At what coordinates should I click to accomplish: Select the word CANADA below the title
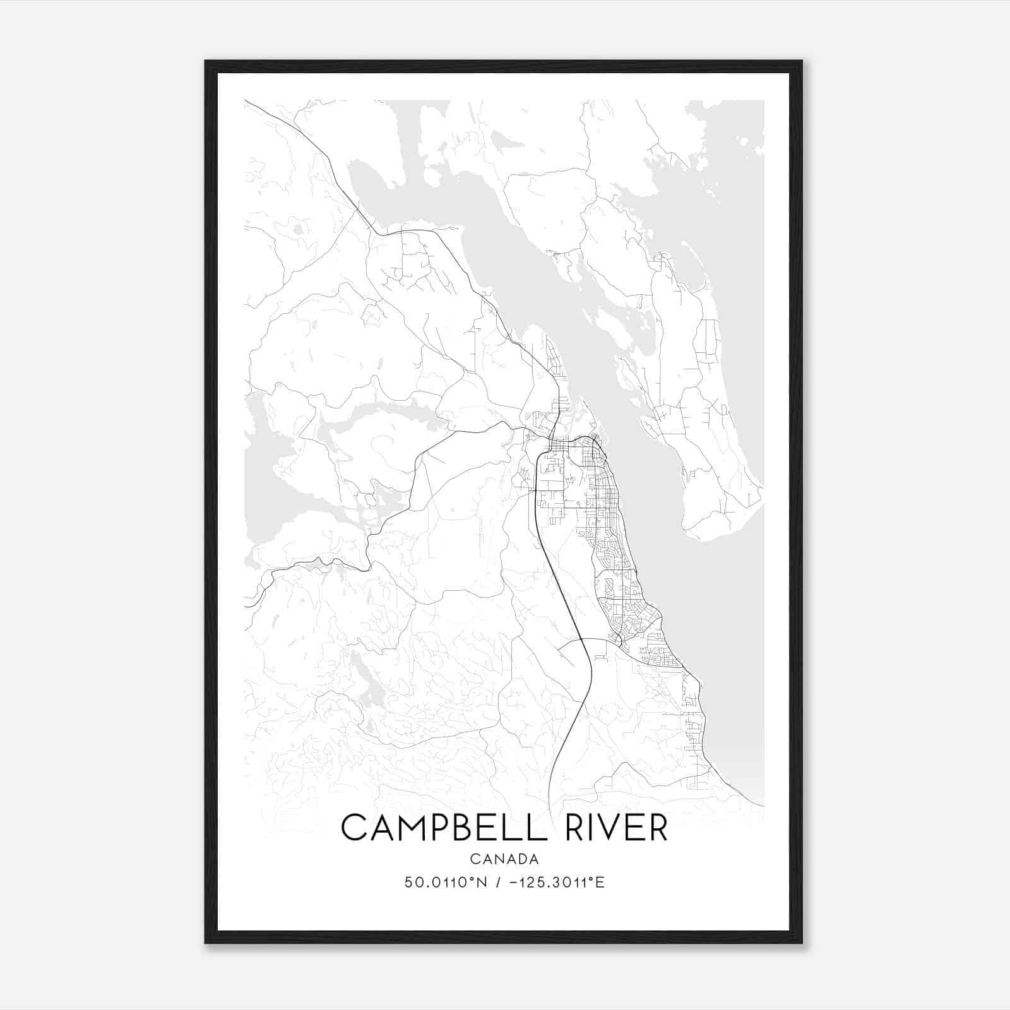click(504, 859)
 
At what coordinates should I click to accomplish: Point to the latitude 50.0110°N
click(446, 882)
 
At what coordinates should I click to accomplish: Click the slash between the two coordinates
click(499, 882)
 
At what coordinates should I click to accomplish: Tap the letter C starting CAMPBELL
click(354, 828)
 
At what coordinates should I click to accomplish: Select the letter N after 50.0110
click(482, 882)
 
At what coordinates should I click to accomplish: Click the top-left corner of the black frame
click(206, 62)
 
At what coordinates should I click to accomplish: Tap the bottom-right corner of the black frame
click(801, 942)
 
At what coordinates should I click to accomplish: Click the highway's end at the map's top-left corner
click(246, 101)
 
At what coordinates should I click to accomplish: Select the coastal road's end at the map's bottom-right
click(763, 805)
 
